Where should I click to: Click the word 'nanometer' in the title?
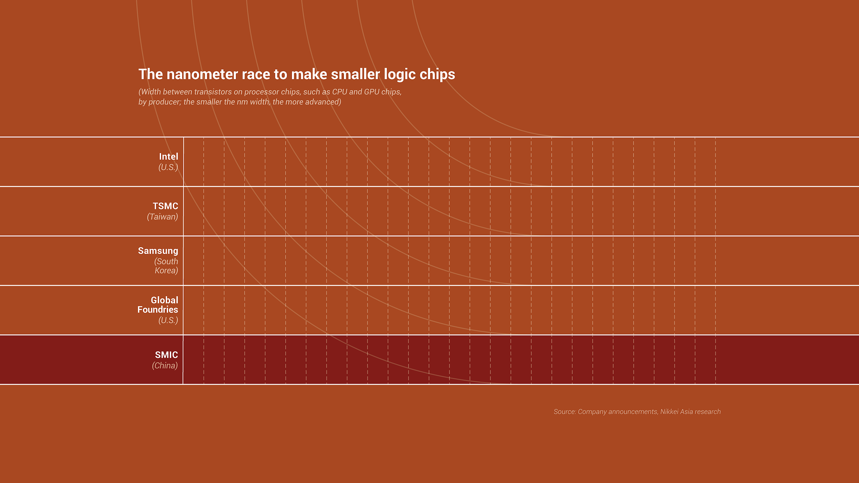coord(202,74)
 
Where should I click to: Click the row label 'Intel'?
coord(168,156)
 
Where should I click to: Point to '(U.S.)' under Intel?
coord(168,167)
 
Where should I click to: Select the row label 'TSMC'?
coord(165,206)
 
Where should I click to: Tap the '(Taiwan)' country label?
coord(162,217)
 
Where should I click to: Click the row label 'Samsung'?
coord(158,251)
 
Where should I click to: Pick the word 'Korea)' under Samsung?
coord(166,270)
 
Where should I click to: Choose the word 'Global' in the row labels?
coord(164,300)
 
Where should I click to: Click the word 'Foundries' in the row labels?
coord(158,309)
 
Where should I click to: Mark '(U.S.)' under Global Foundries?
coord(168,320)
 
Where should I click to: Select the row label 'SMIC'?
coord(166,355)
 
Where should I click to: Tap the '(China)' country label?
coord(165,365)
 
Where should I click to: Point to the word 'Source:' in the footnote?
coord(565,412)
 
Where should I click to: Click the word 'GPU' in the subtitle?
coord(372,92)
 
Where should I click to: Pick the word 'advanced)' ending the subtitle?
coord(323,102)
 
